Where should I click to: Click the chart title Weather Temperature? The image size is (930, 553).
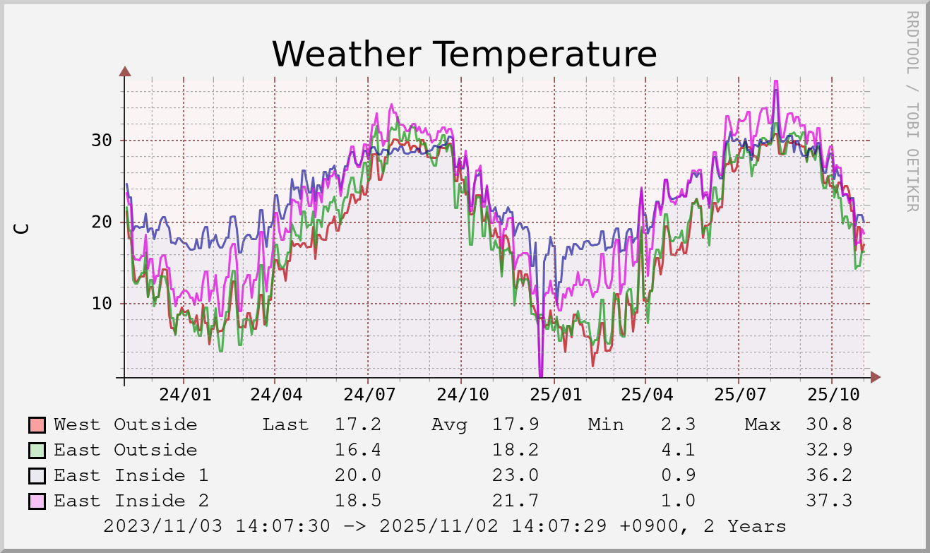(x=464, y=54)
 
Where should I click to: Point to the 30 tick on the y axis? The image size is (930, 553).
(x=102, y=140)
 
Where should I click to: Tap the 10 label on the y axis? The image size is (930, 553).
(x=102, y=304)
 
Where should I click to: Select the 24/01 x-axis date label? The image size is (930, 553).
(x=184, y=395)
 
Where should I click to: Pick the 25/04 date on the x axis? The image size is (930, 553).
(x=646, y=395)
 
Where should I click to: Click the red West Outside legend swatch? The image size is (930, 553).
(x=37, y=425)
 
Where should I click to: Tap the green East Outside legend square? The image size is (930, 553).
(x=37, y=451)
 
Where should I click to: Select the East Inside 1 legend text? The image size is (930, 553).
(x=131, y=475)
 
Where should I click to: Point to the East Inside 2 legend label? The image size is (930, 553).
(x=131, y=501)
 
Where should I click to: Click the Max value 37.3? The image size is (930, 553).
(x=828, y=501)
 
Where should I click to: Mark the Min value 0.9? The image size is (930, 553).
(x=678, y=475)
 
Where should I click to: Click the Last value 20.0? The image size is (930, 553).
(x=358, y=475)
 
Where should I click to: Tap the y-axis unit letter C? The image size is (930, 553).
(x=22, y=228)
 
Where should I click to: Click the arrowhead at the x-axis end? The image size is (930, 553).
(x=875, y=377)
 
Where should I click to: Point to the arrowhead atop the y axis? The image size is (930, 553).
(x=125, y=71)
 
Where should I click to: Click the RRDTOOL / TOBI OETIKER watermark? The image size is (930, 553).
(x=912, y=111)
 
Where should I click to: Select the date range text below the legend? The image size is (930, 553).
(x=444, y=526)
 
